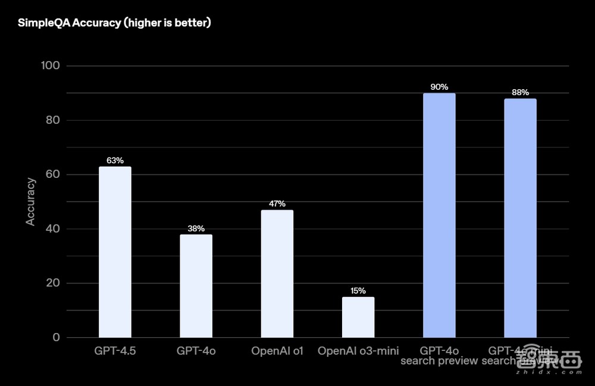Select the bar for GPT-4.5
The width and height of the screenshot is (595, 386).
tap(115, 252)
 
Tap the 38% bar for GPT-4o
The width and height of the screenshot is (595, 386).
tap(196, 286)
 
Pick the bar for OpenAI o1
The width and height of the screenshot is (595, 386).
tap(277, 274)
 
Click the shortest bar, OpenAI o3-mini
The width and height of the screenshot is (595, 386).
tap(358, 317)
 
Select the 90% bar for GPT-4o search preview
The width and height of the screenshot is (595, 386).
tap(439, 215)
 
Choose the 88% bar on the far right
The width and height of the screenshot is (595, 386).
tap(520, 218)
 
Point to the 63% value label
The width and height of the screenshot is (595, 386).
tap(115, 161)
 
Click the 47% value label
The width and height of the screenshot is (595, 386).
tap(277, 204)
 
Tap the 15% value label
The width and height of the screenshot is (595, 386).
tap(358, 291)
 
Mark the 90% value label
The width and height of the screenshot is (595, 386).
tap(439, 87)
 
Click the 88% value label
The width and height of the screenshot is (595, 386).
tap(520, 93)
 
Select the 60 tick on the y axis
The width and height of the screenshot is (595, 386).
tap(53, 174)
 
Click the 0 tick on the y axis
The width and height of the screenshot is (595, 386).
tap(57, 337)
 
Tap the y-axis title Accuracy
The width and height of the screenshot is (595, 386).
tap(30, 202)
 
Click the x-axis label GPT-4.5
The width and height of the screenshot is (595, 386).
tap(115, 351)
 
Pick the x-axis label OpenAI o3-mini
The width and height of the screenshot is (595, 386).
tap(358, 351)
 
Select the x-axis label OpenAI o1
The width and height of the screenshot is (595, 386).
tap(277, 351)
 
